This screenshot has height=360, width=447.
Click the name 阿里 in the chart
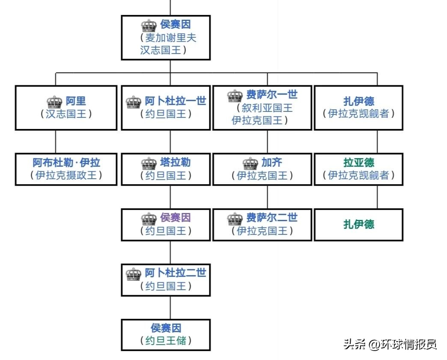click(76, 102)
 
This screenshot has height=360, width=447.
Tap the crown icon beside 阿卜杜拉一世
click(134, 102)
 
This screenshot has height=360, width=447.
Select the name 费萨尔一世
click(271, 95)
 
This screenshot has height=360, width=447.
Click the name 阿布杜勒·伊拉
click(66, 163)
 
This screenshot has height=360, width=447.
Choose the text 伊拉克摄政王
click(66, 175)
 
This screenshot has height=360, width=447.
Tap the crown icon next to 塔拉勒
click(149, 163)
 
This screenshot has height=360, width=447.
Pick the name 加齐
click(272, 163)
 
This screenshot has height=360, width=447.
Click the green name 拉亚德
click(359, 163)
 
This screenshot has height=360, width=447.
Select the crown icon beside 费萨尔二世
click(235, 219)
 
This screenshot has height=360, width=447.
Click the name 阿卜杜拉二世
click(176, 273)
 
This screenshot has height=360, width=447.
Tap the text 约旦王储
click(166, 341)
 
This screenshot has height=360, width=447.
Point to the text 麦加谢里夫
click(171, 37)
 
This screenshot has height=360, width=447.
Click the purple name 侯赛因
click(176, 218)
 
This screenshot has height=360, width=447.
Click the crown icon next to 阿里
click(54, 102)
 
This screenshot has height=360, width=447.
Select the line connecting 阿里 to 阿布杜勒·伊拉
click(56, 141)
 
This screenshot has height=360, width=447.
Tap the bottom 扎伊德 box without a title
click(359, 224)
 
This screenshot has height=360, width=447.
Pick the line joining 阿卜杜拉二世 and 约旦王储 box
click(170, 307)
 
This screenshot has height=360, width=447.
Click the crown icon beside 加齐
click(250, 163)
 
